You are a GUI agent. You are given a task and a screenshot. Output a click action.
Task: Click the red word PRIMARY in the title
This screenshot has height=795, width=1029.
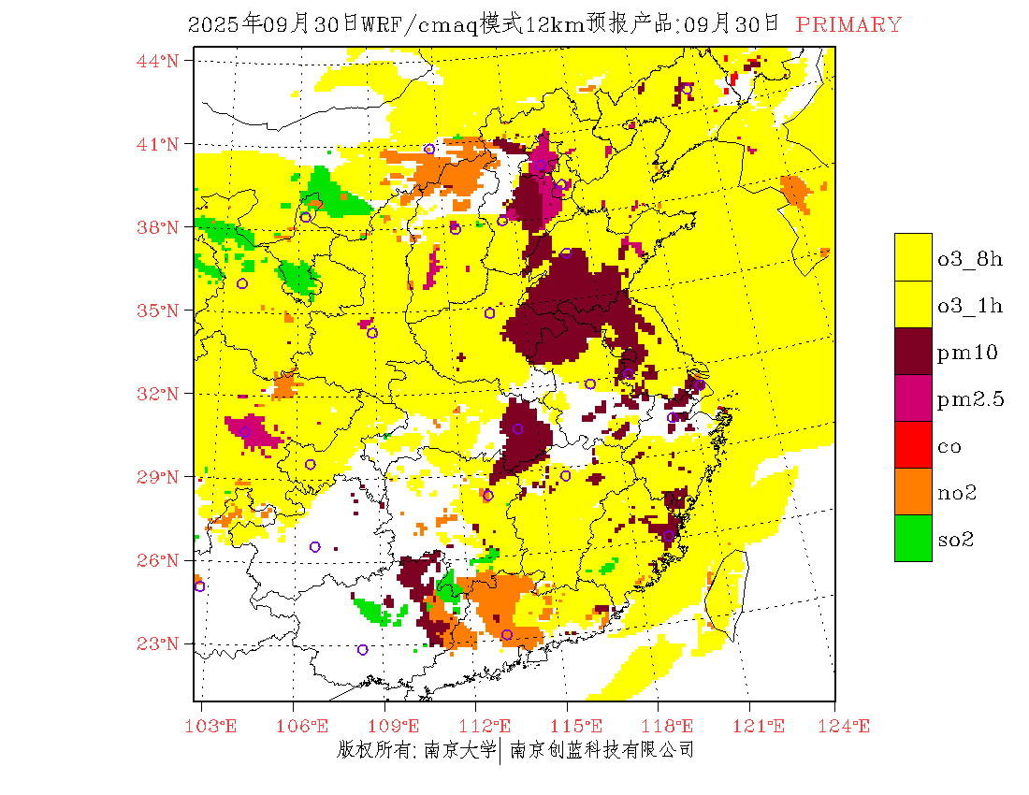tap(849, 25)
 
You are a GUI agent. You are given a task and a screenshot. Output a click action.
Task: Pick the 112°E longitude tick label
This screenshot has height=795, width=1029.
tap(490, 726)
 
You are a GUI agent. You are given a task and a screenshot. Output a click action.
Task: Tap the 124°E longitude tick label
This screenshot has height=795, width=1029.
tap(849, 726)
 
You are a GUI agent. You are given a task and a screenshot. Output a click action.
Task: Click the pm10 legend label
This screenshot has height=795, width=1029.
tap(967, 352)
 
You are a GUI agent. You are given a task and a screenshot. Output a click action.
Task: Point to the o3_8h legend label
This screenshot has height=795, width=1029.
tap(970, 259)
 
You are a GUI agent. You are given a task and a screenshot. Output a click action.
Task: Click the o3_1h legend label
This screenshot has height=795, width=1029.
tap(970, 306)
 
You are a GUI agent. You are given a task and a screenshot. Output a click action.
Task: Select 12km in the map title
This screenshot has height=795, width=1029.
tap(553, 25)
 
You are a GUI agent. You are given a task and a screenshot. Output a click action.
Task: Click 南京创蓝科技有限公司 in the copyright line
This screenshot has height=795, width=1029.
tap(601, 749)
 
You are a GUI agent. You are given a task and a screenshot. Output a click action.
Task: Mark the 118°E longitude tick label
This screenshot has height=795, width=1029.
tap(673, 726)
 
